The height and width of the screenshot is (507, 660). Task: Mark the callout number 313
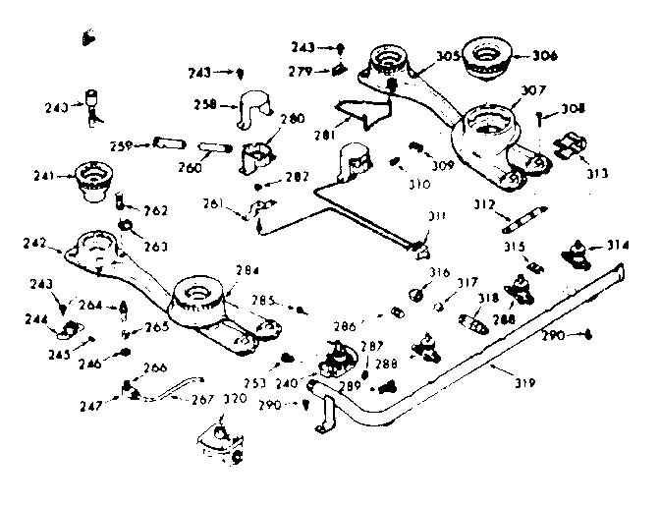coord(597,173)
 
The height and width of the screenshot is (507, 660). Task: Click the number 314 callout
coord(616,244)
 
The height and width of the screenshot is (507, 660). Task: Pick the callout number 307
coord(532,90)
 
